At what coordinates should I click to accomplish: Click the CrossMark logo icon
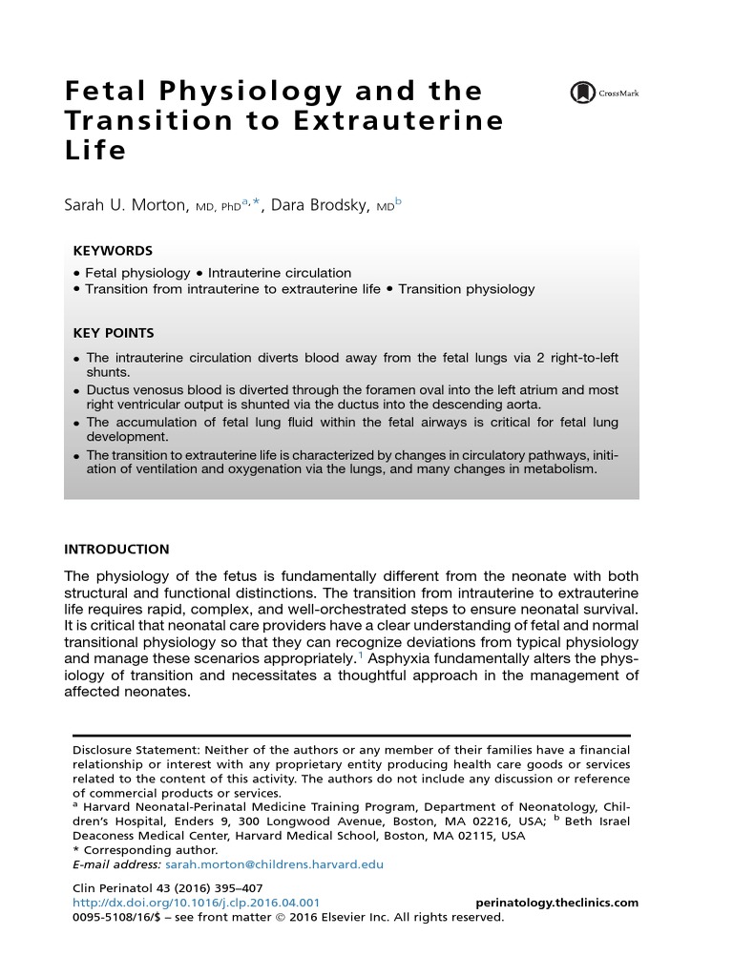[x=581, y=94]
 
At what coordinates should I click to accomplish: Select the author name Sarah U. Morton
[x=126, y=206]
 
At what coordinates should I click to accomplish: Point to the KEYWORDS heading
[x=113, y=251]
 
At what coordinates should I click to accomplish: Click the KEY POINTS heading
[x=114, y=333]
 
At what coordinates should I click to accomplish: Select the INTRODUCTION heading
[x=116, y=550]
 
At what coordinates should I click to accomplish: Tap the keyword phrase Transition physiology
[x=467, y=289]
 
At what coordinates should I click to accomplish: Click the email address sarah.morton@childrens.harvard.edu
[x=275, y=864]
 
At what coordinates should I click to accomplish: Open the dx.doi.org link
[x=197, y=903]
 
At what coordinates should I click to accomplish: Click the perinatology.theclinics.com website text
[x=556, y=903]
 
